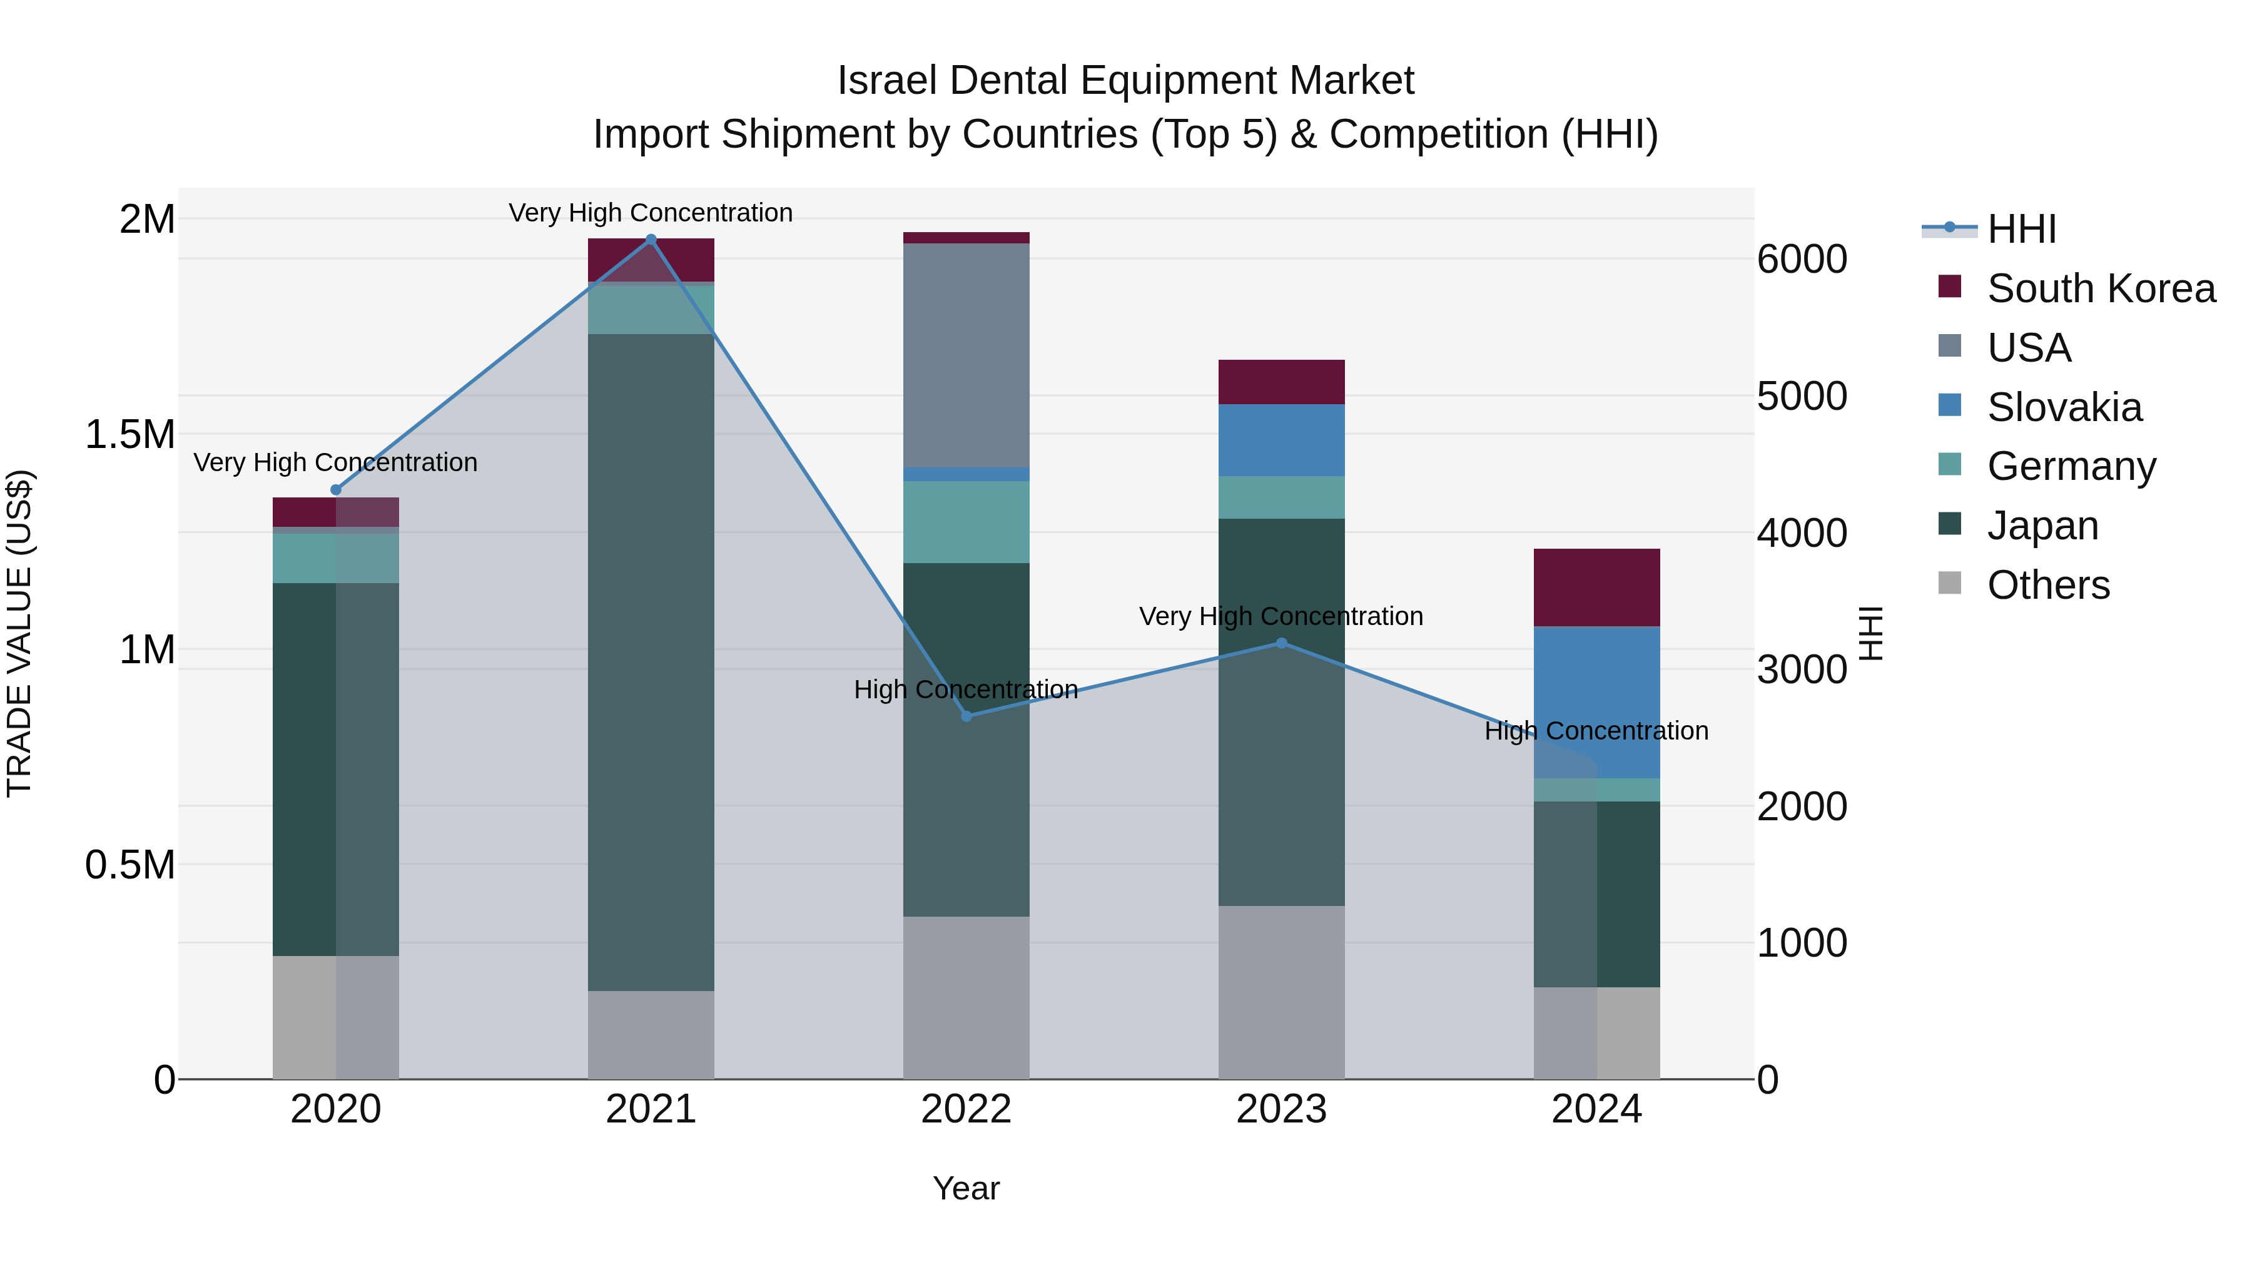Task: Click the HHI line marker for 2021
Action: [651, 240]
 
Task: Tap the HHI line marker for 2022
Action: [966, 716]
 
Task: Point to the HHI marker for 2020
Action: [336, 490]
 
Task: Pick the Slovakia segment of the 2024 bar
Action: [1596, 702]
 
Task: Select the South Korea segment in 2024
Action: [1596, 588]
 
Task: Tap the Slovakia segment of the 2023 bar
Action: [1282, 440]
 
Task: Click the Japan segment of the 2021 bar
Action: [651, 662]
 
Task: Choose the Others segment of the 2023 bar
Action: [1282, 992]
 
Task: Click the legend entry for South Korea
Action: [2101, 288]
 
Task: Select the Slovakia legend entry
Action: [2064, 407]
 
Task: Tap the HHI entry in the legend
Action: [2021, 229]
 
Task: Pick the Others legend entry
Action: [2047, 585]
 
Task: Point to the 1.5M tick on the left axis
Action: [130, 435]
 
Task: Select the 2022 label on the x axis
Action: [966, 1109]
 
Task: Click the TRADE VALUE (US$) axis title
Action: [19, 633]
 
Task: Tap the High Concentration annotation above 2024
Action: [1596, 731]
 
